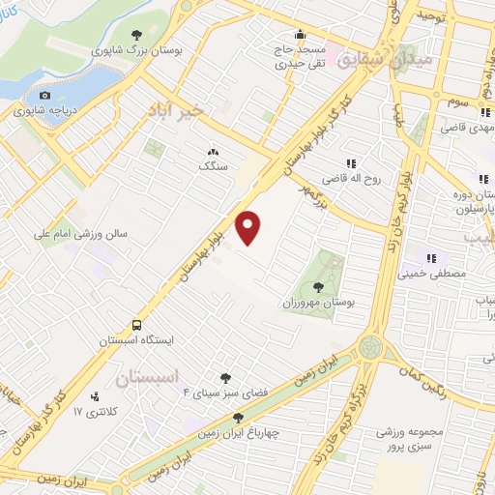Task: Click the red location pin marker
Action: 249,228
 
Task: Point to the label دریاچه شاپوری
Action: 44,111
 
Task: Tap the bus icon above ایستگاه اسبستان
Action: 138,326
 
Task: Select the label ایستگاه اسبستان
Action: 135,341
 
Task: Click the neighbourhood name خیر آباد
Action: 178,110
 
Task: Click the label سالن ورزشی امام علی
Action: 80,233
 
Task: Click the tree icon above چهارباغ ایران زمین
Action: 238,418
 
